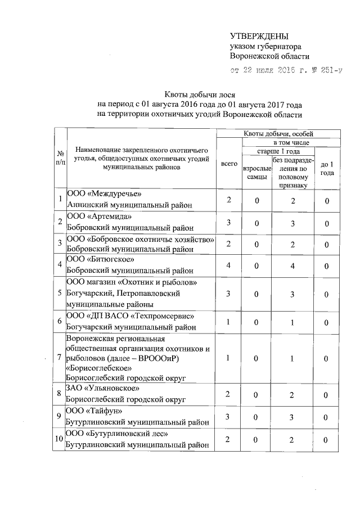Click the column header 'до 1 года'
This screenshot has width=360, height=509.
pyautogui.click(x=326, y=168)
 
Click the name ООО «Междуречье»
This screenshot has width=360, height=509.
pyautogui.click(x=103, y=195)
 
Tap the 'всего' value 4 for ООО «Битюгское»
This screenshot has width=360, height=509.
pyautogui.click(x=229, y=265)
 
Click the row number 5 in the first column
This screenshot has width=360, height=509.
pyautogui.click(x=60, y=292)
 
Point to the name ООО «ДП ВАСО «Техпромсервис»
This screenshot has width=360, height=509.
pyautogui.click(x=130, y=316)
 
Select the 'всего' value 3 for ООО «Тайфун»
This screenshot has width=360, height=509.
pyautogui.click(x=229, y=417)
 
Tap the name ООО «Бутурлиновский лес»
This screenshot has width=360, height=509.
pyautogui.click(x=117, y=434)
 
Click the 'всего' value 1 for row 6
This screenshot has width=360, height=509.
pyautogui.click(x=229, y=321)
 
